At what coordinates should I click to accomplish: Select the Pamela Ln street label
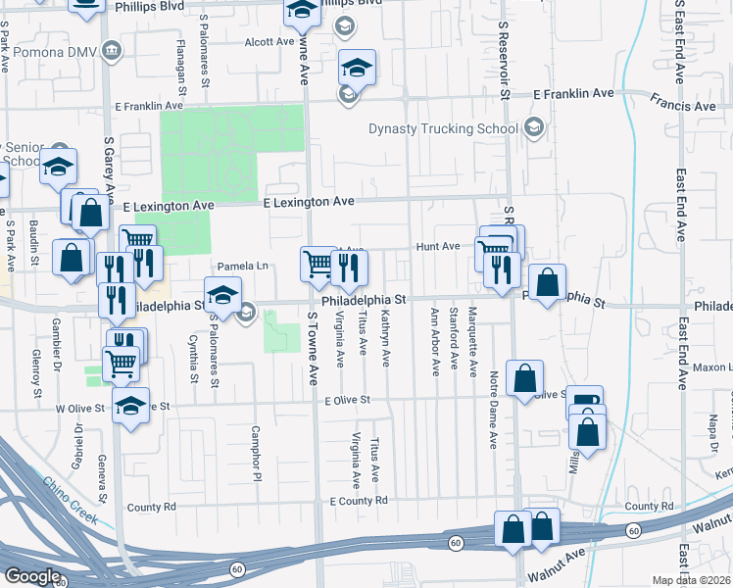[242, 267]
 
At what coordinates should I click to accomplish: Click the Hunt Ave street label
[437, 247]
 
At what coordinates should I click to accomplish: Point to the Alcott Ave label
[269, 42]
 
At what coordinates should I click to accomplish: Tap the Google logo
[32, 576]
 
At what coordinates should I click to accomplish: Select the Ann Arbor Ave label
[435, 342]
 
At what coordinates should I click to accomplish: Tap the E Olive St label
[348, 400]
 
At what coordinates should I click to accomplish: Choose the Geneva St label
[101, 450]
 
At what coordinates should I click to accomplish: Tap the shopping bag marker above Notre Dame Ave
[525, 378]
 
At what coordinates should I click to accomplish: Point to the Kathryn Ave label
[386, 339]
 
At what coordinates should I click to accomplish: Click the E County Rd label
[359, 501]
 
